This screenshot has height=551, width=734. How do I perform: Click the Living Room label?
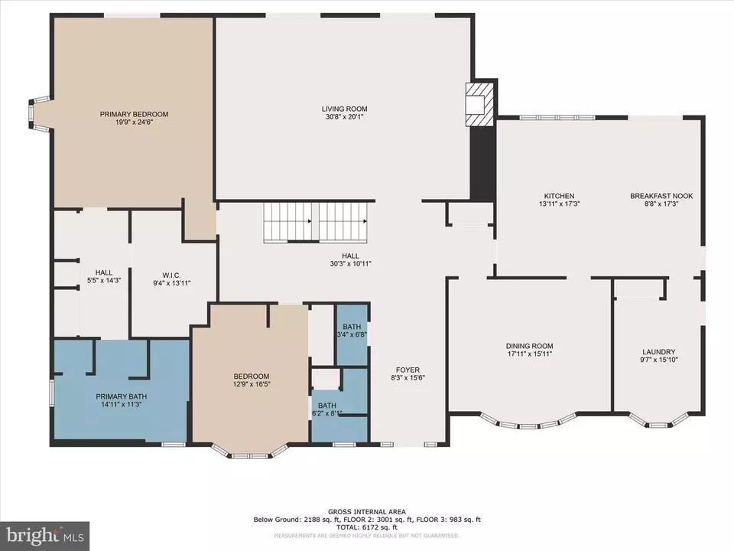click(x=344, y=109)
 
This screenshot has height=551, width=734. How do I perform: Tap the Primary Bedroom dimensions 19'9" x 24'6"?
click(x=134, y=122)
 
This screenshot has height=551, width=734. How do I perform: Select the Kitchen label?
click(x=559, y=196)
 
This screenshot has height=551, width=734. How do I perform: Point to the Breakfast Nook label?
click(x=661, y=196)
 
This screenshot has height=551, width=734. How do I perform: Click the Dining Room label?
click(x=529, y=346)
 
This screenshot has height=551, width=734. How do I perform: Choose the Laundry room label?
click(x=658, y=352)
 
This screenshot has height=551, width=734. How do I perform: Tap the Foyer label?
click(x=408, y=370)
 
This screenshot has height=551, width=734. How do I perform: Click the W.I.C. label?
click(x=171, y=275)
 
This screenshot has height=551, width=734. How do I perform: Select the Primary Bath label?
click(x=122, y=396)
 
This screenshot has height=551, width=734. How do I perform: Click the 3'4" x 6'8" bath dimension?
click(x=352, y=334)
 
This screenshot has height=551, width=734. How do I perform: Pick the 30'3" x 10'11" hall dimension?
click(x=350, y=264)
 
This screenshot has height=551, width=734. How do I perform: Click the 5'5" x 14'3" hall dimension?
click(x=104, y=280)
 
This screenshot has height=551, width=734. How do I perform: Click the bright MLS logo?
click(x=44, y=536)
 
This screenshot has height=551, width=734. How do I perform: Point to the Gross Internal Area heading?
click(x=367, y=512)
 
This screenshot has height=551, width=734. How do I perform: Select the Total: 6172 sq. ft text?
click(x=367, y=527)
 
